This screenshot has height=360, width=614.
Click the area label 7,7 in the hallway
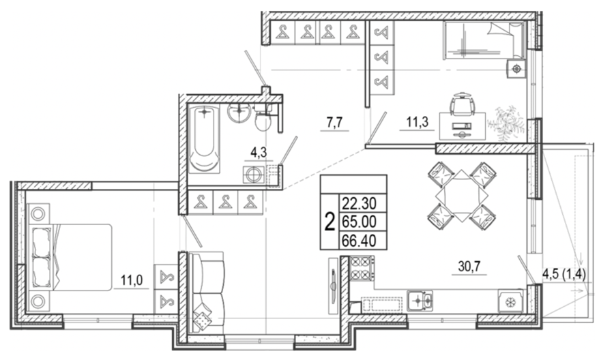(x=334, y=123)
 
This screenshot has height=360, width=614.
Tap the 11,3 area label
(x=417, y=122)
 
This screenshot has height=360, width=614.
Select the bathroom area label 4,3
(x=259, y=152)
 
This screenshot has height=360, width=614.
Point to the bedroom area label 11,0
(x=132, y=280)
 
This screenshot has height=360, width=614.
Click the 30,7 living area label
(x=469, y=267)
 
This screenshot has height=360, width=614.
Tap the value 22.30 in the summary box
(x=359, y=203)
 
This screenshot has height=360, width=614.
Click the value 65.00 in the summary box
(x=359, y=222)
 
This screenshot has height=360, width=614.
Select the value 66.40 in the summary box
(x=359, y=240)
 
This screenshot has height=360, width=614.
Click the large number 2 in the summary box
(x=330, y=222)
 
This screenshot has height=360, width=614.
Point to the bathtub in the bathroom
(x=203, y=138)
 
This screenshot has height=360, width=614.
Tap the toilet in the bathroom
(x=263, y=117)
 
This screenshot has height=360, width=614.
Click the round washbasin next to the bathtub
(x=239, y=112)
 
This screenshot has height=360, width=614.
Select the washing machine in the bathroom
(x=254, y=175)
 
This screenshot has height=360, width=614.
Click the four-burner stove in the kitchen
(x=362, y=268)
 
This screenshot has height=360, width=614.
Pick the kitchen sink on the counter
(x=420, y=301)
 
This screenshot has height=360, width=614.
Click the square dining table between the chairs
(x=462, y=195)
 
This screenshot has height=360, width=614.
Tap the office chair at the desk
(x=463, y=104)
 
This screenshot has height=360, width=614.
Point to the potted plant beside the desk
(x=506, y=123)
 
